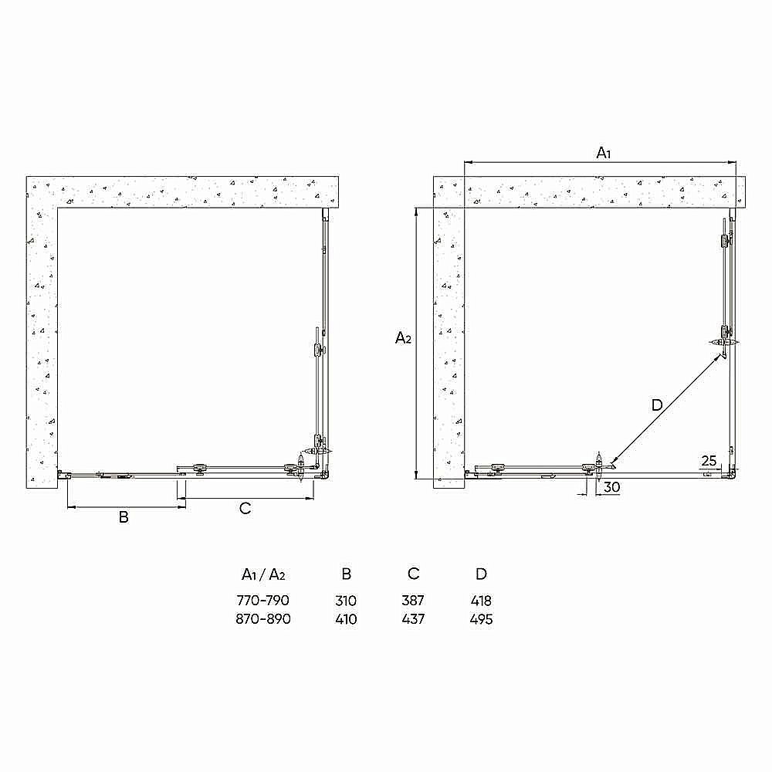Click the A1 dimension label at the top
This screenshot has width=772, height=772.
point(604,153)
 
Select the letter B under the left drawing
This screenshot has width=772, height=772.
point(124,517)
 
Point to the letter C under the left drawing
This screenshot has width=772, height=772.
point(245,508)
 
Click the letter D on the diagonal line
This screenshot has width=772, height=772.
point(656,405)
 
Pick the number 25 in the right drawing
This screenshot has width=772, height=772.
point(709,461)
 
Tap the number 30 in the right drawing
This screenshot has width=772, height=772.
point(611,487)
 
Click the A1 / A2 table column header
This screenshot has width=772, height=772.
point(263,574)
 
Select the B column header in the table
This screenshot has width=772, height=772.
point(347,574)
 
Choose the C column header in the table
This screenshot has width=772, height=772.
point(414,574)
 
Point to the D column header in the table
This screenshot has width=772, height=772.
point(481,574)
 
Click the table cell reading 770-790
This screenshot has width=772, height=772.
point(263,601)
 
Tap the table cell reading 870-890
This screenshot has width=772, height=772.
point(263,619)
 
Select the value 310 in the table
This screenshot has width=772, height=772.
point(347,601)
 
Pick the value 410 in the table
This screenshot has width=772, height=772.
point(347,619)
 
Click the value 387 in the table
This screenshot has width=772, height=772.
point(414,601)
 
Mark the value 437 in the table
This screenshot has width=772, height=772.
point(414,619)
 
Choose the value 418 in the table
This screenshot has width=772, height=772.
point(481,601)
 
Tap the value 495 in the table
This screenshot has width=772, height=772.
point(481,619)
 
